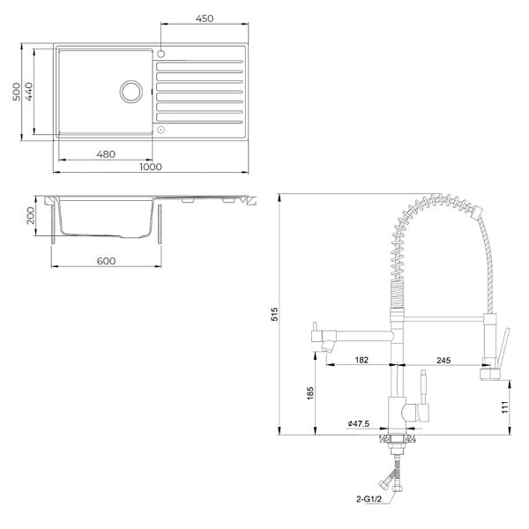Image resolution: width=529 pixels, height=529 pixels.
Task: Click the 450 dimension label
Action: [x=205, y=19]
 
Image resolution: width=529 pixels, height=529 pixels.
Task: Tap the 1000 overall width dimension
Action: [x=151, y=167]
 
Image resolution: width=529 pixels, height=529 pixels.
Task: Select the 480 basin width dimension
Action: [x=106, y=154]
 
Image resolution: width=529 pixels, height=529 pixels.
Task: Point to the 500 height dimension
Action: [x=16, y=92]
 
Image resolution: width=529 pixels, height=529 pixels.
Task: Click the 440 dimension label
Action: [x=29, y=92]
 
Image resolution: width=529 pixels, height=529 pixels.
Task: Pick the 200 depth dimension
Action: [x=30, y=216]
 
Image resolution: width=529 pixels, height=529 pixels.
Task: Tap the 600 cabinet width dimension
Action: [x=106, y=261]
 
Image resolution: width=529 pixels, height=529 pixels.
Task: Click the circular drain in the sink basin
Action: [x=130, y=92]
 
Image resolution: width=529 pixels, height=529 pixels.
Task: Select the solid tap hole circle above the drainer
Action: [x=161, y=54]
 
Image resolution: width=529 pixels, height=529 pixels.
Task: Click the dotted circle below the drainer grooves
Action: [x=161, y=130]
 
